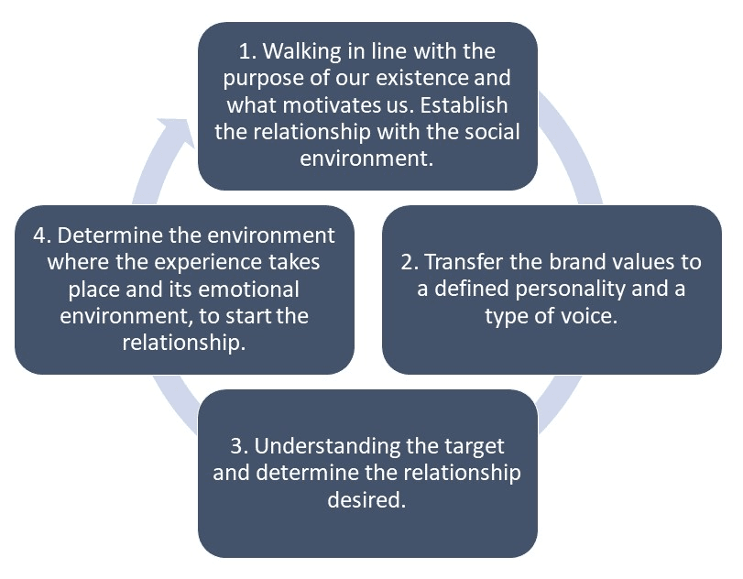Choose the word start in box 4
(x=256, y=317)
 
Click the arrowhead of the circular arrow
(x=175, y=135)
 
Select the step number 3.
(x=236, y=446)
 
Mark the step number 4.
(x=39, y=235)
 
